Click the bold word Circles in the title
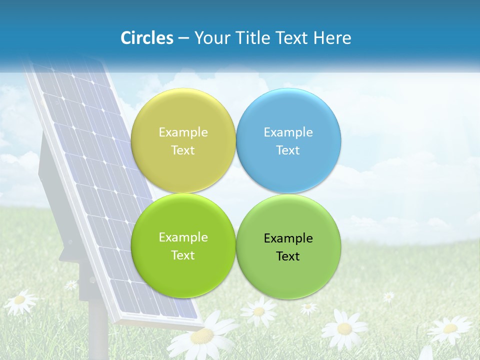(147, 38)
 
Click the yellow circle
(183, 140)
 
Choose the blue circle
(288, 140)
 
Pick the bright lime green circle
(183, 245)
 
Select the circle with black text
(288, 246)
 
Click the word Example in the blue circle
(288, 132)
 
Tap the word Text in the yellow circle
(183, 150)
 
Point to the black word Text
(288, 256)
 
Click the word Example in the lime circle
(183, 237)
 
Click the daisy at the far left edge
(20, 300)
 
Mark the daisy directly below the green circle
(258, 311)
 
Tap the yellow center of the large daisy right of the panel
(344, 328)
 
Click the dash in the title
(183, 38)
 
